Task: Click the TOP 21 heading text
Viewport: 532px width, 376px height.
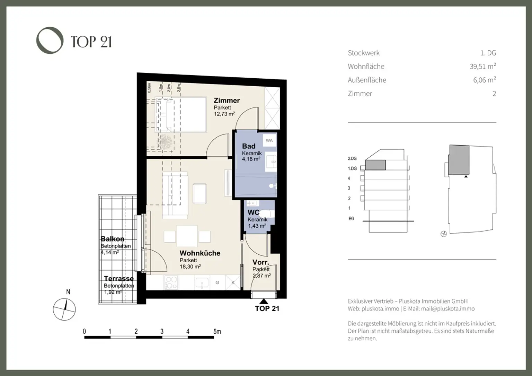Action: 91,42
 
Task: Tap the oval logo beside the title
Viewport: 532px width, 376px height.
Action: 50,40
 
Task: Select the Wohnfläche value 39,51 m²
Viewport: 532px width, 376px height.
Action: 482,66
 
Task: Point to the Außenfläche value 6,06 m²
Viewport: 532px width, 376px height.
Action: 484,80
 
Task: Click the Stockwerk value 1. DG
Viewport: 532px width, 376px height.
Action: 488,53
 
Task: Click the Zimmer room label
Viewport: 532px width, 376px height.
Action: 227,100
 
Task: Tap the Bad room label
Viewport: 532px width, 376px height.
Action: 249,146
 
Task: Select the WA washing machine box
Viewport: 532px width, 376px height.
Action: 269,140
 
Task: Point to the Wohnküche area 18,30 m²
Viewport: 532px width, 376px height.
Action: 190,267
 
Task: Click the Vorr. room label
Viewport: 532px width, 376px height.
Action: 260,262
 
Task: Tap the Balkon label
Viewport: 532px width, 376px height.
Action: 112,239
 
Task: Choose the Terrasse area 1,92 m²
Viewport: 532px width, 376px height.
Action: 113,292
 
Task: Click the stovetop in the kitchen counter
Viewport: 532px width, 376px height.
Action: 171,282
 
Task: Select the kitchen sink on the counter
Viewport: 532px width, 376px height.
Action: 201,282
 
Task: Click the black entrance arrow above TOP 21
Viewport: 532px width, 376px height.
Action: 264,301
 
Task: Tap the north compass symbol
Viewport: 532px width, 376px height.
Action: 64,309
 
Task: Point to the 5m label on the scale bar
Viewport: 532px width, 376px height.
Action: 217,331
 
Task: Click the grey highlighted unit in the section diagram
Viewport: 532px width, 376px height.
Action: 375,165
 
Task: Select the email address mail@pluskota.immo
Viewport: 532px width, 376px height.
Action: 447,309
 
